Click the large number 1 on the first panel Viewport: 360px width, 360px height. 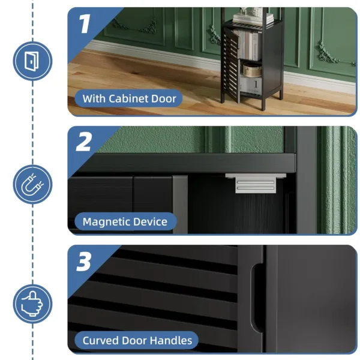(84, 23)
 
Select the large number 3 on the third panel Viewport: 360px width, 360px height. (84, 262)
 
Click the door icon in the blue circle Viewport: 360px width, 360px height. (32, 61)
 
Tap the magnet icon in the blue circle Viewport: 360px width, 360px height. (32, 184)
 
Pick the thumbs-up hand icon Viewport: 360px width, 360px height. (32, 304)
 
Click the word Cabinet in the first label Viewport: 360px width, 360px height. (126, 98)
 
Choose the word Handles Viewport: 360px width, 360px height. (171, 340)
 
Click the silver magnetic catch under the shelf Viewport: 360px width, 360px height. (256, 183)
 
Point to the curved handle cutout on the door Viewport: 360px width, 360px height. (256, 298)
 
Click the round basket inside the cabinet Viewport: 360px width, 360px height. (252, 70)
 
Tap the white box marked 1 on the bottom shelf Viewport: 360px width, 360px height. (251, 85)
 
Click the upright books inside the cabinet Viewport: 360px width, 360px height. (248, 45)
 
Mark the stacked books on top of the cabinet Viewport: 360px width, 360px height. (253, 18)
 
